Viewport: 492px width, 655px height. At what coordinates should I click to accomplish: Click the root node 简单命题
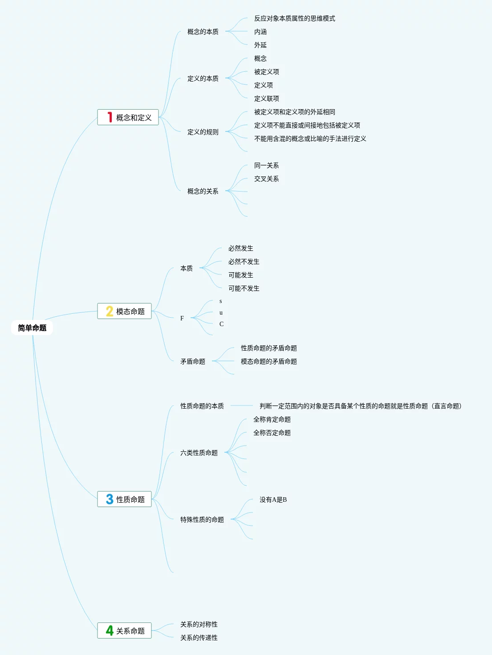(x=32, y=328)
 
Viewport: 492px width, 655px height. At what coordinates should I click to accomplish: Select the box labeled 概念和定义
(x=128, y=118)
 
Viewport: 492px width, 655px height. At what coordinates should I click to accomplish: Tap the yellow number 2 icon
(x=110, y=311)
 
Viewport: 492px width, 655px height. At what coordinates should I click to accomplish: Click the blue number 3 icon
(x=110, y=499)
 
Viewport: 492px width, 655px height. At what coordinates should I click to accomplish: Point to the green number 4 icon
(x=110, y=630)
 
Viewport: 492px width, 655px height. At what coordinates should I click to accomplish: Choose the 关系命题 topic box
(x=125, y=630)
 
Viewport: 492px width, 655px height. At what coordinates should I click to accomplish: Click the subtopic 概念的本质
(x=203, y=32)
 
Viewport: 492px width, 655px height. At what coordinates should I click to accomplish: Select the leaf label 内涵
(x=260, y=32)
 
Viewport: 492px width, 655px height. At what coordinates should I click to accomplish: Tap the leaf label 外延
(x=260, y=45)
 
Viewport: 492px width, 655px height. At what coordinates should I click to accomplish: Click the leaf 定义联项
(x=266, y=98)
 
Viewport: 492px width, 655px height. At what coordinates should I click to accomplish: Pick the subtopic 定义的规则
(x=203, y=132)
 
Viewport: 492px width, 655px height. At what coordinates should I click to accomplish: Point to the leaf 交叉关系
(x=266, y=179)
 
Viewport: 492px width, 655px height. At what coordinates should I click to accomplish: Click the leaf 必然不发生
(x=244, y=262)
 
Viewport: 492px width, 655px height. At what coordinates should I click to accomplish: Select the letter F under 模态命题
(x=182, y=318)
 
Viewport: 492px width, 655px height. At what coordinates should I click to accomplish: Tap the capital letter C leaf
(x=221, y=324)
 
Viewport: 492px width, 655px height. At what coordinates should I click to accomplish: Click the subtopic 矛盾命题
(x=192, y=361)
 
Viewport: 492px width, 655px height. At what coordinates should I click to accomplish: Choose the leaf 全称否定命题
(x=272, y=433)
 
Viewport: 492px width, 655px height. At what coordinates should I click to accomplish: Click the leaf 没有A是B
(x=273, y=499)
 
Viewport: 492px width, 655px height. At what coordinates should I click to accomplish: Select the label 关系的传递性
(x=199, y=638)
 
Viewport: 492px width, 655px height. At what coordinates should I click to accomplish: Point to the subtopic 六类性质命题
(x=199, y=453)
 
